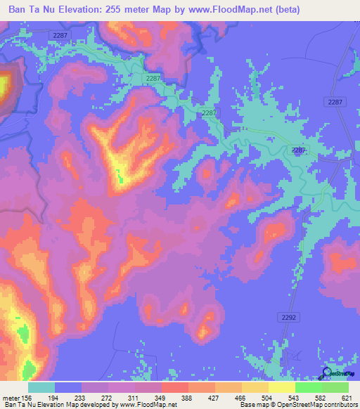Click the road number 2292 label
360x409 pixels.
[x=289, y=317]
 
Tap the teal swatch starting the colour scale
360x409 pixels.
[x=41, y=388]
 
